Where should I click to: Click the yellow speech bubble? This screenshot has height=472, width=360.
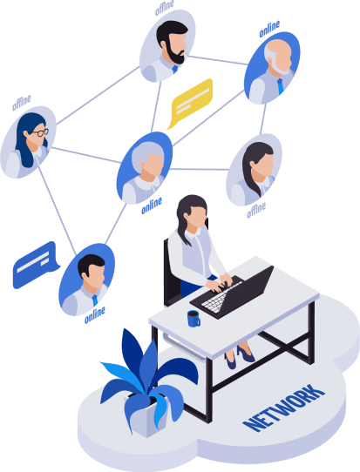coord(190,103)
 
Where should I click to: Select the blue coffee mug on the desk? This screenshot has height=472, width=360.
coord(194,319)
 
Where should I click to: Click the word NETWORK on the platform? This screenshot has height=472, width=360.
coord(284,408)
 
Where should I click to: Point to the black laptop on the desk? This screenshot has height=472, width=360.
coord(233,294)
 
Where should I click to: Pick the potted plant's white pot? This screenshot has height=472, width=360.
coord(146,415)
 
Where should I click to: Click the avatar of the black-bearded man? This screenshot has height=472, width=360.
coord(167,46)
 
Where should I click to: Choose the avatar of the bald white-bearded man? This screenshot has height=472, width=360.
coord(272,68)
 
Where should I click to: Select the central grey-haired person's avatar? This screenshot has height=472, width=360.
coord(145,168)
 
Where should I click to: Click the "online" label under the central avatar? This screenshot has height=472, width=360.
coord(152,206)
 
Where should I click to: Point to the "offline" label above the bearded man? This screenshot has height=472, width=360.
coord(165,7)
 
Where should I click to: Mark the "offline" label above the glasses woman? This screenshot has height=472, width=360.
coord(22,103)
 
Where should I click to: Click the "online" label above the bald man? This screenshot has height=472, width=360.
coord(269,29)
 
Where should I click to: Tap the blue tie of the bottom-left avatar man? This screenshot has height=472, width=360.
coord(95,300)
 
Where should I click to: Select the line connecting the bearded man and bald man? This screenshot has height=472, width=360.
coord(218,60)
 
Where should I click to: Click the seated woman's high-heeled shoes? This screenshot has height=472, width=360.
coord(240,356)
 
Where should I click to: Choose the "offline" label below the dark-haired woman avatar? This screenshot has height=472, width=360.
coord(256,210)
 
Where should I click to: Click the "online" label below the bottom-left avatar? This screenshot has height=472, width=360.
coord(95,315)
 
